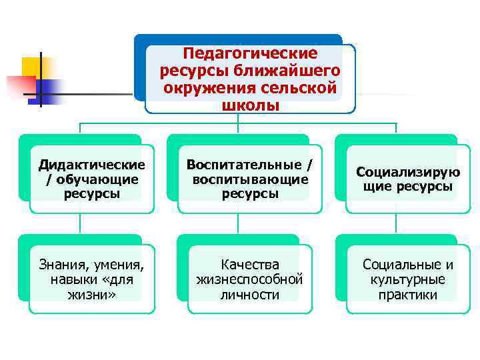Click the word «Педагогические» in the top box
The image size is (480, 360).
point(251,53)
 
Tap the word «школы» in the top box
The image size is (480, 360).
point(251,106)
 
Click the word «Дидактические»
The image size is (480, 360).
point(92,165)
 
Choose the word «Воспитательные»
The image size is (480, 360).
point(241,165)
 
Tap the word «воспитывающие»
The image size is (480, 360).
point(250,179)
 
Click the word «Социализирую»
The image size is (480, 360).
point(408,172)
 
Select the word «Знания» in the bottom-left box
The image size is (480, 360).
point(64,265)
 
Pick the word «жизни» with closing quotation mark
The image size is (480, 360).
point(92,294)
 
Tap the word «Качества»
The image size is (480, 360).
point(250,265)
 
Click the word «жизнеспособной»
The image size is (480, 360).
point(250,279)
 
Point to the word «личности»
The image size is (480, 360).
point(250,294)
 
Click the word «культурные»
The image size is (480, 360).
point(408,279)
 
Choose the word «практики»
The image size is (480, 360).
point(408,294)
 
